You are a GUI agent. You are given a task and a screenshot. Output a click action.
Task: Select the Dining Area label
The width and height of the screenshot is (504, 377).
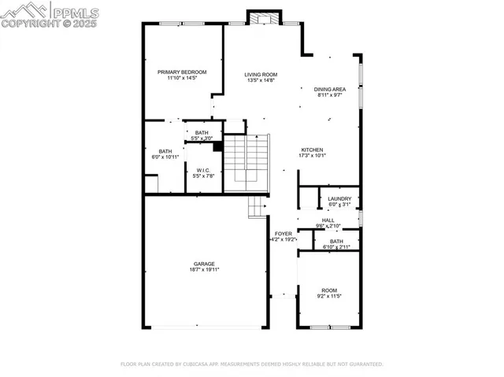[x=328, y=90]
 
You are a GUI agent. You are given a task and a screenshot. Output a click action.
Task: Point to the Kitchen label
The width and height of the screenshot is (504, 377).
[x=312, y=150]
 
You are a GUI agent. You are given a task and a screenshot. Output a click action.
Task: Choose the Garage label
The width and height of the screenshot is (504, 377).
[x=204, y=264]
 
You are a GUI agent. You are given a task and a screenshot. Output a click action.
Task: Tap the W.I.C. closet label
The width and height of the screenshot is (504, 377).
[x=203, y=170]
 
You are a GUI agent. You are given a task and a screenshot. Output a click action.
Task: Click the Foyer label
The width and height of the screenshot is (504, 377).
[x=283, y=234]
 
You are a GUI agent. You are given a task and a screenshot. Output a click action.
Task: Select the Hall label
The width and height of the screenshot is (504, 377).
[x=328, y=220]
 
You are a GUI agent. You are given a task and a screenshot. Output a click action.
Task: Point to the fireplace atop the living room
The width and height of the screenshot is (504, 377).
[x=263, y=17]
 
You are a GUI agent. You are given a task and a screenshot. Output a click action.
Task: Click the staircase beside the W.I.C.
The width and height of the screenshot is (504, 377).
[x=246, y=163]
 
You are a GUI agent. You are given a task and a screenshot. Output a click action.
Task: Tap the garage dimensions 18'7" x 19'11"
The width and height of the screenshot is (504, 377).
[x=204, y=270]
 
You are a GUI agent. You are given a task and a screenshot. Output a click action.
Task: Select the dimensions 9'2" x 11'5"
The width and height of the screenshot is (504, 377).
[x=328, y=297]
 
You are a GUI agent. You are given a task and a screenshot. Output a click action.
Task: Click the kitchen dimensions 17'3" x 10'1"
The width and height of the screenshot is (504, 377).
[x=312, y=156]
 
